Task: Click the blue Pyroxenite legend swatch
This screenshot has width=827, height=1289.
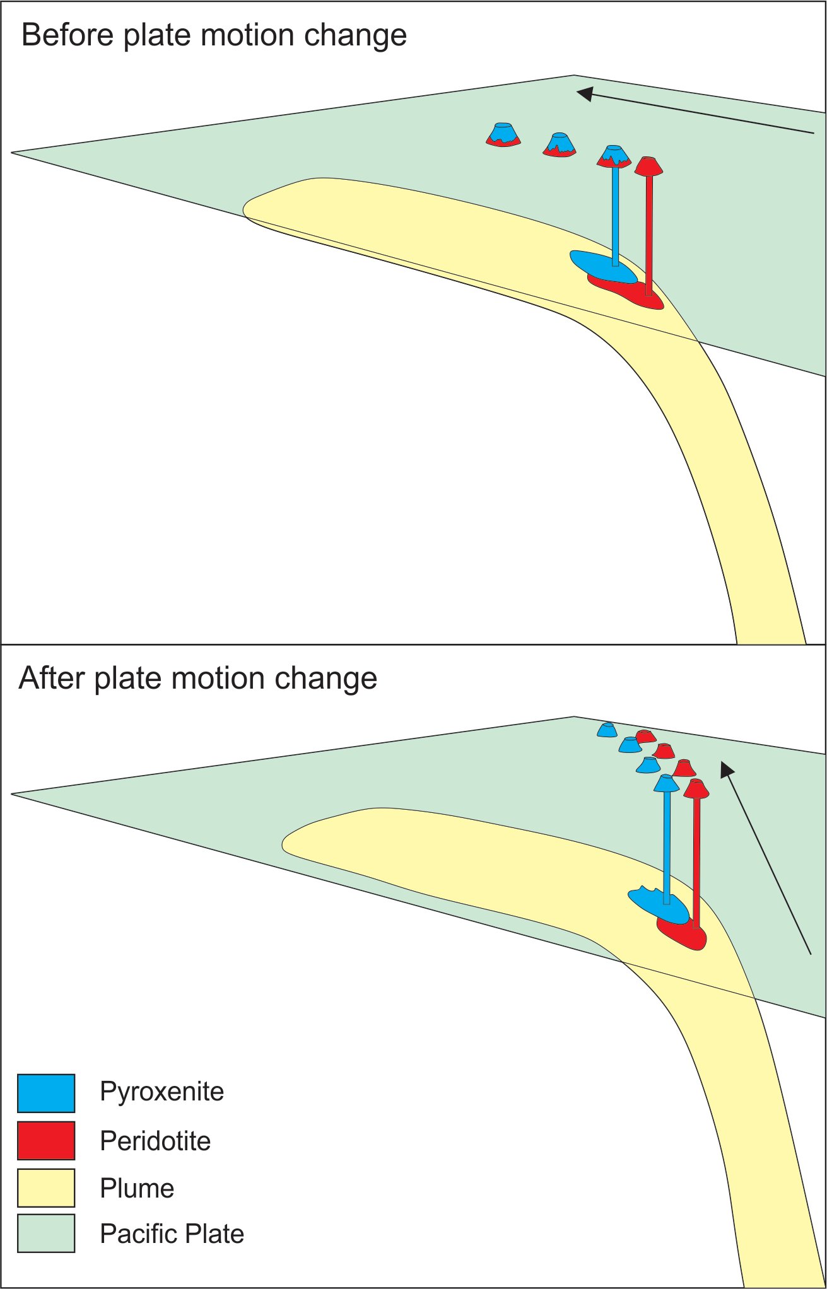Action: pos(46,1093)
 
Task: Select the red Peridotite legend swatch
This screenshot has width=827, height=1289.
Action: pos(46,1140)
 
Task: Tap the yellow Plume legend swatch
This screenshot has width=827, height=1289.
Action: pos(46,1187)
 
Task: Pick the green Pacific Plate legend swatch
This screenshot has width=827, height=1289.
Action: pos(46,1233)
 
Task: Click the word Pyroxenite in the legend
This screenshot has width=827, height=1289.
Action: pos(161,1092)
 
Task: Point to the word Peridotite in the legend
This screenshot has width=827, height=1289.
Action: pos(155,1141)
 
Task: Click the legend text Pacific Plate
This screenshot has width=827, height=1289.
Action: pos(172,1234)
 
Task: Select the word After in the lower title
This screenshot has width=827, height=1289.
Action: pos(52,679)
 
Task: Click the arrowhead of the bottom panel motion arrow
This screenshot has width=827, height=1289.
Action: pos(727,769)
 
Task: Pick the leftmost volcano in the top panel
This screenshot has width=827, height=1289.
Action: pos(503,134)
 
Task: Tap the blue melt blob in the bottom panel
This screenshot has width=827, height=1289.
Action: pos(656,905)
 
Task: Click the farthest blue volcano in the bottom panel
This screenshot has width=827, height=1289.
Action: pos(607,730)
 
